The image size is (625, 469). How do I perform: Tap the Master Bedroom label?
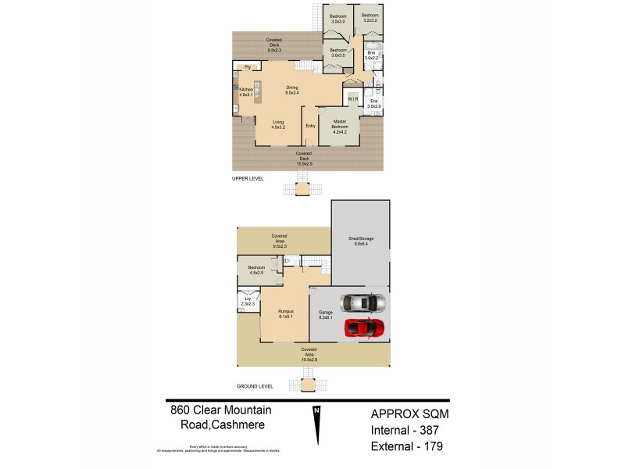click(339, 124)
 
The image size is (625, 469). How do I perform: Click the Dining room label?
click(291, 89)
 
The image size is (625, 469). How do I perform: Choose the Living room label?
click(278, 124)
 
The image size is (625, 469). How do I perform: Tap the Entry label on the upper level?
click(310, 126)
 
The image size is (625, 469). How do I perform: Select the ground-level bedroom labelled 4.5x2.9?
click(256, 270)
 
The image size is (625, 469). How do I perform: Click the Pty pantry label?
click(248, 67)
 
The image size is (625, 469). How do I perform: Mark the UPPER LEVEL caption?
click(248, 178)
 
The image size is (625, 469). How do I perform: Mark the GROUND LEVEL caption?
click(254, 386)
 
